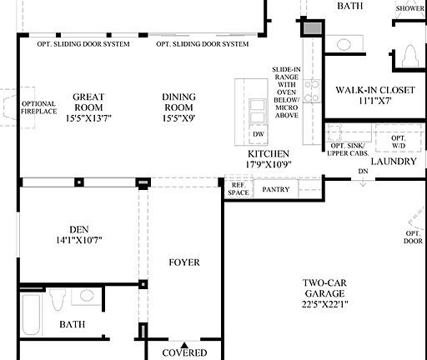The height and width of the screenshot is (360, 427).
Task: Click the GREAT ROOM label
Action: [x=88, y=102]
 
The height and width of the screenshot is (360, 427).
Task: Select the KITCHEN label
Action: [x=268, y=154]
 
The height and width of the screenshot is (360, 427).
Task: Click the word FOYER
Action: [x=183, y=262]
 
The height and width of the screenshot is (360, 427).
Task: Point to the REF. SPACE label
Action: [x=239, y=189]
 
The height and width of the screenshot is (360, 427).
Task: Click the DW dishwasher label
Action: [x=258, y=133]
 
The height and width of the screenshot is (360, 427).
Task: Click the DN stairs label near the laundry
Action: [x=362, y=172]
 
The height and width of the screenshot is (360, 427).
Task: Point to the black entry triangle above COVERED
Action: [x=184, y=343]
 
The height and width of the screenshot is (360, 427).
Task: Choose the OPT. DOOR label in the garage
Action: [x=413, y=237]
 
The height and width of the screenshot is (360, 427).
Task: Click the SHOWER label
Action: [x=409, y=9]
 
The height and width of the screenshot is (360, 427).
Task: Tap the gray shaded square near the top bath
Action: [x=313, y=29]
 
